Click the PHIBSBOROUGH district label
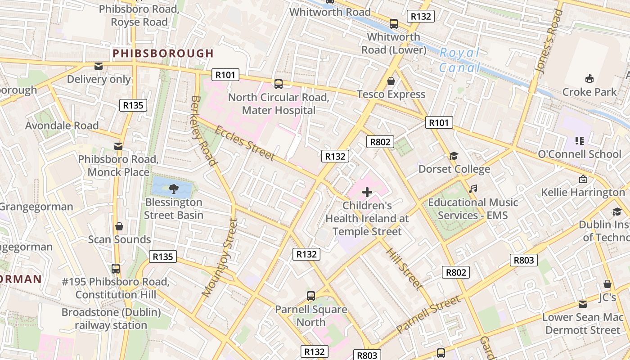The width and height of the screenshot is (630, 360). click(163, 54)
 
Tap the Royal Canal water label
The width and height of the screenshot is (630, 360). click(460, 60)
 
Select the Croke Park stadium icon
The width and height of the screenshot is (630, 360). click(589, 78)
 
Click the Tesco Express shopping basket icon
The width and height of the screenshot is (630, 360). click(391, 81)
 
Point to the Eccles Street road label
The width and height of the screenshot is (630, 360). click(244, 143)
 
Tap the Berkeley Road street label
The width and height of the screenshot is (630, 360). click(204, 130)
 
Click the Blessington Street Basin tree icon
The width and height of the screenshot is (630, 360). click(173, 189)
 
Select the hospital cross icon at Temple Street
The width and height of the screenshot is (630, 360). click(367, 193)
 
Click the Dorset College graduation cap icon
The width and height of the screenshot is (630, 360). click(454, 156)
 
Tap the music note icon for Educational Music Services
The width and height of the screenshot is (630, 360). click(472, 189)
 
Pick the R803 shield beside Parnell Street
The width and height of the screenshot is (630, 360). click(523, 260)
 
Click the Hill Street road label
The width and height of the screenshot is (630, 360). click(404, 269)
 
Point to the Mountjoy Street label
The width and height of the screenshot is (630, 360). click(220, 257)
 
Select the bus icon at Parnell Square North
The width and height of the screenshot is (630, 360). click(310, 296)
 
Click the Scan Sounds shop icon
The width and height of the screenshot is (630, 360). click(119, 226)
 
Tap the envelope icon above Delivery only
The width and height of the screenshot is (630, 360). click(98, 66)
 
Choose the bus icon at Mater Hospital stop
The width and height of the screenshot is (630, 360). click(279, 84)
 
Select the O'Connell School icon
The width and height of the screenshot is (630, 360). click(580, 141)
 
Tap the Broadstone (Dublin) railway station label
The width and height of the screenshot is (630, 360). click(111, 319)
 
